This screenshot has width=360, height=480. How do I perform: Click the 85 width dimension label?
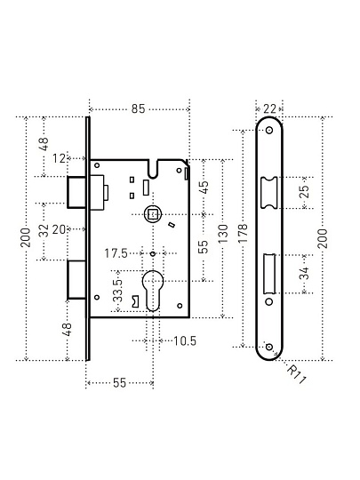coord(138,108)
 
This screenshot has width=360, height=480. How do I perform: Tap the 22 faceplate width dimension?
coord(269,108)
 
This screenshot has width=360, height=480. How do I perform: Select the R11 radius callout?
coord(296,374)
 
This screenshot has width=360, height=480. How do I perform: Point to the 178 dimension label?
coord(242,233)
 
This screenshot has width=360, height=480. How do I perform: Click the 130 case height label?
coord(223,234)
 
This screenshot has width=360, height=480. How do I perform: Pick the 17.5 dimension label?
coord(116,253)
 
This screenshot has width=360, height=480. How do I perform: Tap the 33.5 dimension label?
coord(117,291)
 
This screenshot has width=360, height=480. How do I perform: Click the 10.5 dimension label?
coord(185,340)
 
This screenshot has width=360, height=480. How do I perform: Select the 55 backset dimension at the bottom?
coord(119,382)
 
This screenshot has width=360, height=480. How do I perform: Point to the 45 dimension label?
coord(204,187)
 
